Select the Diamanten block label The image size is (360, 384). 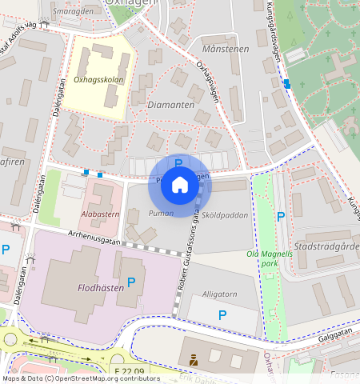[x=171, y=104]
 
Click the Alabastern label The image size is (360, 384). [x=100, y=214]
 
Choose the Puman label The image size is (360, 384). [x=161, y=214]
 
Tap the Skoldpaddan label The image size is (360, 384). [x=225, y=215]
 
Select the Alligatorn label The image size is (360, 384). [x=220, y=294]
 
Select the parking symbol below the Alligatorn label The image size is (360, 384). [x=222, y=315]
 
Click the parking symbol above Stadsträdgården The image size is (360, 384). [x=281, y=216]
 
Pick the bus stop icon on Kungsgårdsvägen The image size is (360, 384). [x=286, y=83]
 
